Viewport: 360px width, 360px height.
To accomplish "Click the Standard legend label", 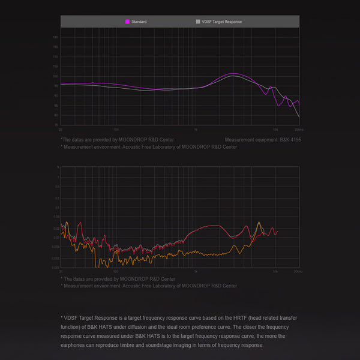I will [139, 22].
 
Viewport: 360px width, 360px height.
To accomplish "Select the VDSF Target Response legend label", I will [222, 22].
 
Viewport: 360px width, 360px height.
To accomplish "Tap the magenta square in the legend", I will [127, 22].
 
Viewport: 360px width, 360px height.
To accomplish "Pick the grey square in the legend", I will [198, 22].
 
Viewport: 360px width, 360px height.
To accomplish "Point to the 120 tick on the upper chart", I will [56, 37].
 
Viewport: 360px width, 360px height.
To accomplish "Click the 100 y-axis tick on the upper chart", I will [56, 76].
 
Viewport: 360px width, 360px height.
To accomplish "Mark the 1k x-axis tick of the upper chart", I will [196, 130].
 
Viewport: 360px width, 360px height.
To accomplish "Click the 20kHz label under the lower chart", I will [298, 272].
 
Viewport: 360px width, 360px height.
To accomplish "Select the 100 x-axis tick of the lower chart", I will [116, 272].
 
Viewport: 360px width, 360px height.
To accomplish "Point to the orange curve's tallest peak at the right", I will [260, 223].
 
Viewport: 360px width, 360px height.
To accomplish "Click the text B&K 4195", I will [289, 139].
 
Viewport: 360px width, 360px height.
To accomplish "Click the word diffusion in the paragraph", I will [143, 327].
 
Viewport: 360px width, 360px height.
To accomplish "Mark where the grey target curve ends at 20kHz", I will [299, 116].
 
